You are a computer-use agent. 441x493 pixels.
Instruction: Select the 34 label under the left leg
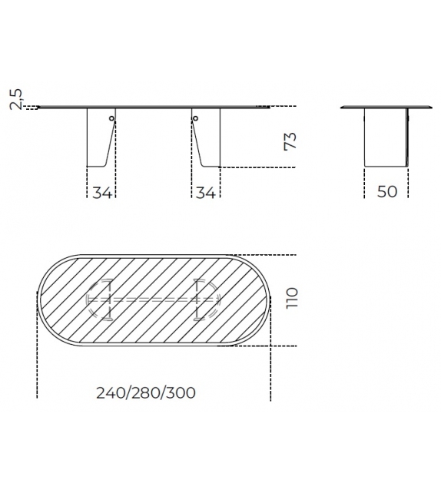(x=102, y=193)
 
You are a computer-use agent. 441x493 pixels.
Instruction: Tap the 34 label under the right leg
(x=204, y=193)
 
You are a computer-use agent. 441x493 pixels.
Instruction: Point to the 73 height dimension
(x=290, y=140)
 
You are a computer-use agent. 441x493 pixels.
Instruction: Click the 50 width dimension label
(x=388, y=192)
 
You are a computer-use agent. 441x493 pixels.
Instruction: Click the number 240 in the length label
(x=111, y=392)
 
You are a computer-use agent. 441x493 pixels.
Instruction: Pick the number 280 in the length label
(x=146, y=392)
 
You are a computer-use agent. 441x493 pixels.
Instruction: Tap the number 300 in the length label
(x=181, y=392)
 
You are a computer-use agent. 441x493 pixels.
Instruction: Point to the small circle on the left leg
(x=111, y=118)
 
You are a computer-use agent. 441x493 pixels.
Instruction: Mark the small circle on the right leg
(x=195, y=118)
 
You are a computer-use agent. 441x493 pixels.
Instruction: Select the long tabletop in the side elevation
(x=154, y=108)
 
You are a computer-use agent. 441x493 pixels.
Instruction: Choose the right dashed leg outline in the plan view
(x=206, y=298)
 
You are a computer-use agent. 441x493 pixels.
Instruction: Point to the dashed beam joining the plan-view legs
(x=154, y=298)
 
